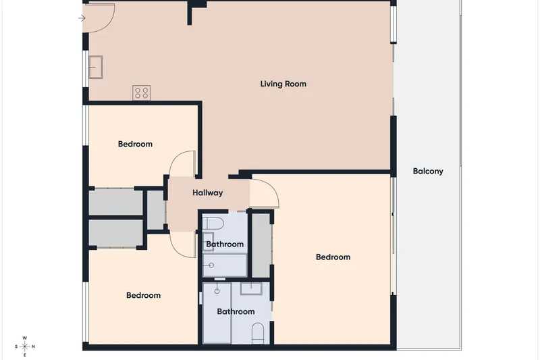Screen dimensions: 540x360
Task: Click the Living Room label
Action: tap(283, 84)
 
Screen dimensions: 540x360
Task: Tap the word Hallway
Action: tap(208, 193)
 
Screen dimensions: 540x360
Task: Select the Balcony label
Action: tap(428, 171)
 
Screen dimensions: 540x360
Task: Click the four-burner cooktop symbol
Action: tap(141, 93)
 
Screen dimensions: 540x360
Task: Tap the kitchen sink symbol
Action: tap(96, 67)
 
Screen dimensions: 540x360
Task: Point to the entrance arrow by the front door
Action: tap(82, 18)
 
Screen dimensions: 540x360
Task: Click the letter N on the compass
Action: tap(33, 346)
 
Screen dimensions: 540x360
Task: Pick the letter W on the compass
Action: tap(24, 338)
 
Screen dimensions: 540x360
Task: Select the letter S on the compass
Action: tap(16, 346)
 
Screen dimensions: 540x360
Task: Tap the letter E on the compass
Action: tap(25, 355)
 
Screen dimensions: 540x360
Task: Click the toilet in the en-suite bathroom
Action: tap(258, 333)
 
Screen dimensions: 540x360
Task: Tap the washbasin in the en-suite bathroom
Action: tap(251, 288)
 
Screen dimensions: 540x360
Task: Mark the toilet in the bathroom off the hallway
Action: tap(213, 224)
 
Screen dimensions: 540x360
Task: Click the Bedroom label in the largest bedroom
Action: tap(333, 257)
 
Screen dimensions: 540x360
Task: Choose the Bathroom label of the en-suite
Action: tap(236, 312)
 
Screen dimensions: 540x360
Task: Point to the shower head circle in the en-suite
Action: tap(217, 291)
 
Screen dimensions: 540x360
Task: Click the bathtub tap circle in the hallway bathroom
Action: tap(211, 265)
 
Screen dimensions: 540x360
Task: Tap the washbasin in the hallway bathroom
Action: tap(208, 241)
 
